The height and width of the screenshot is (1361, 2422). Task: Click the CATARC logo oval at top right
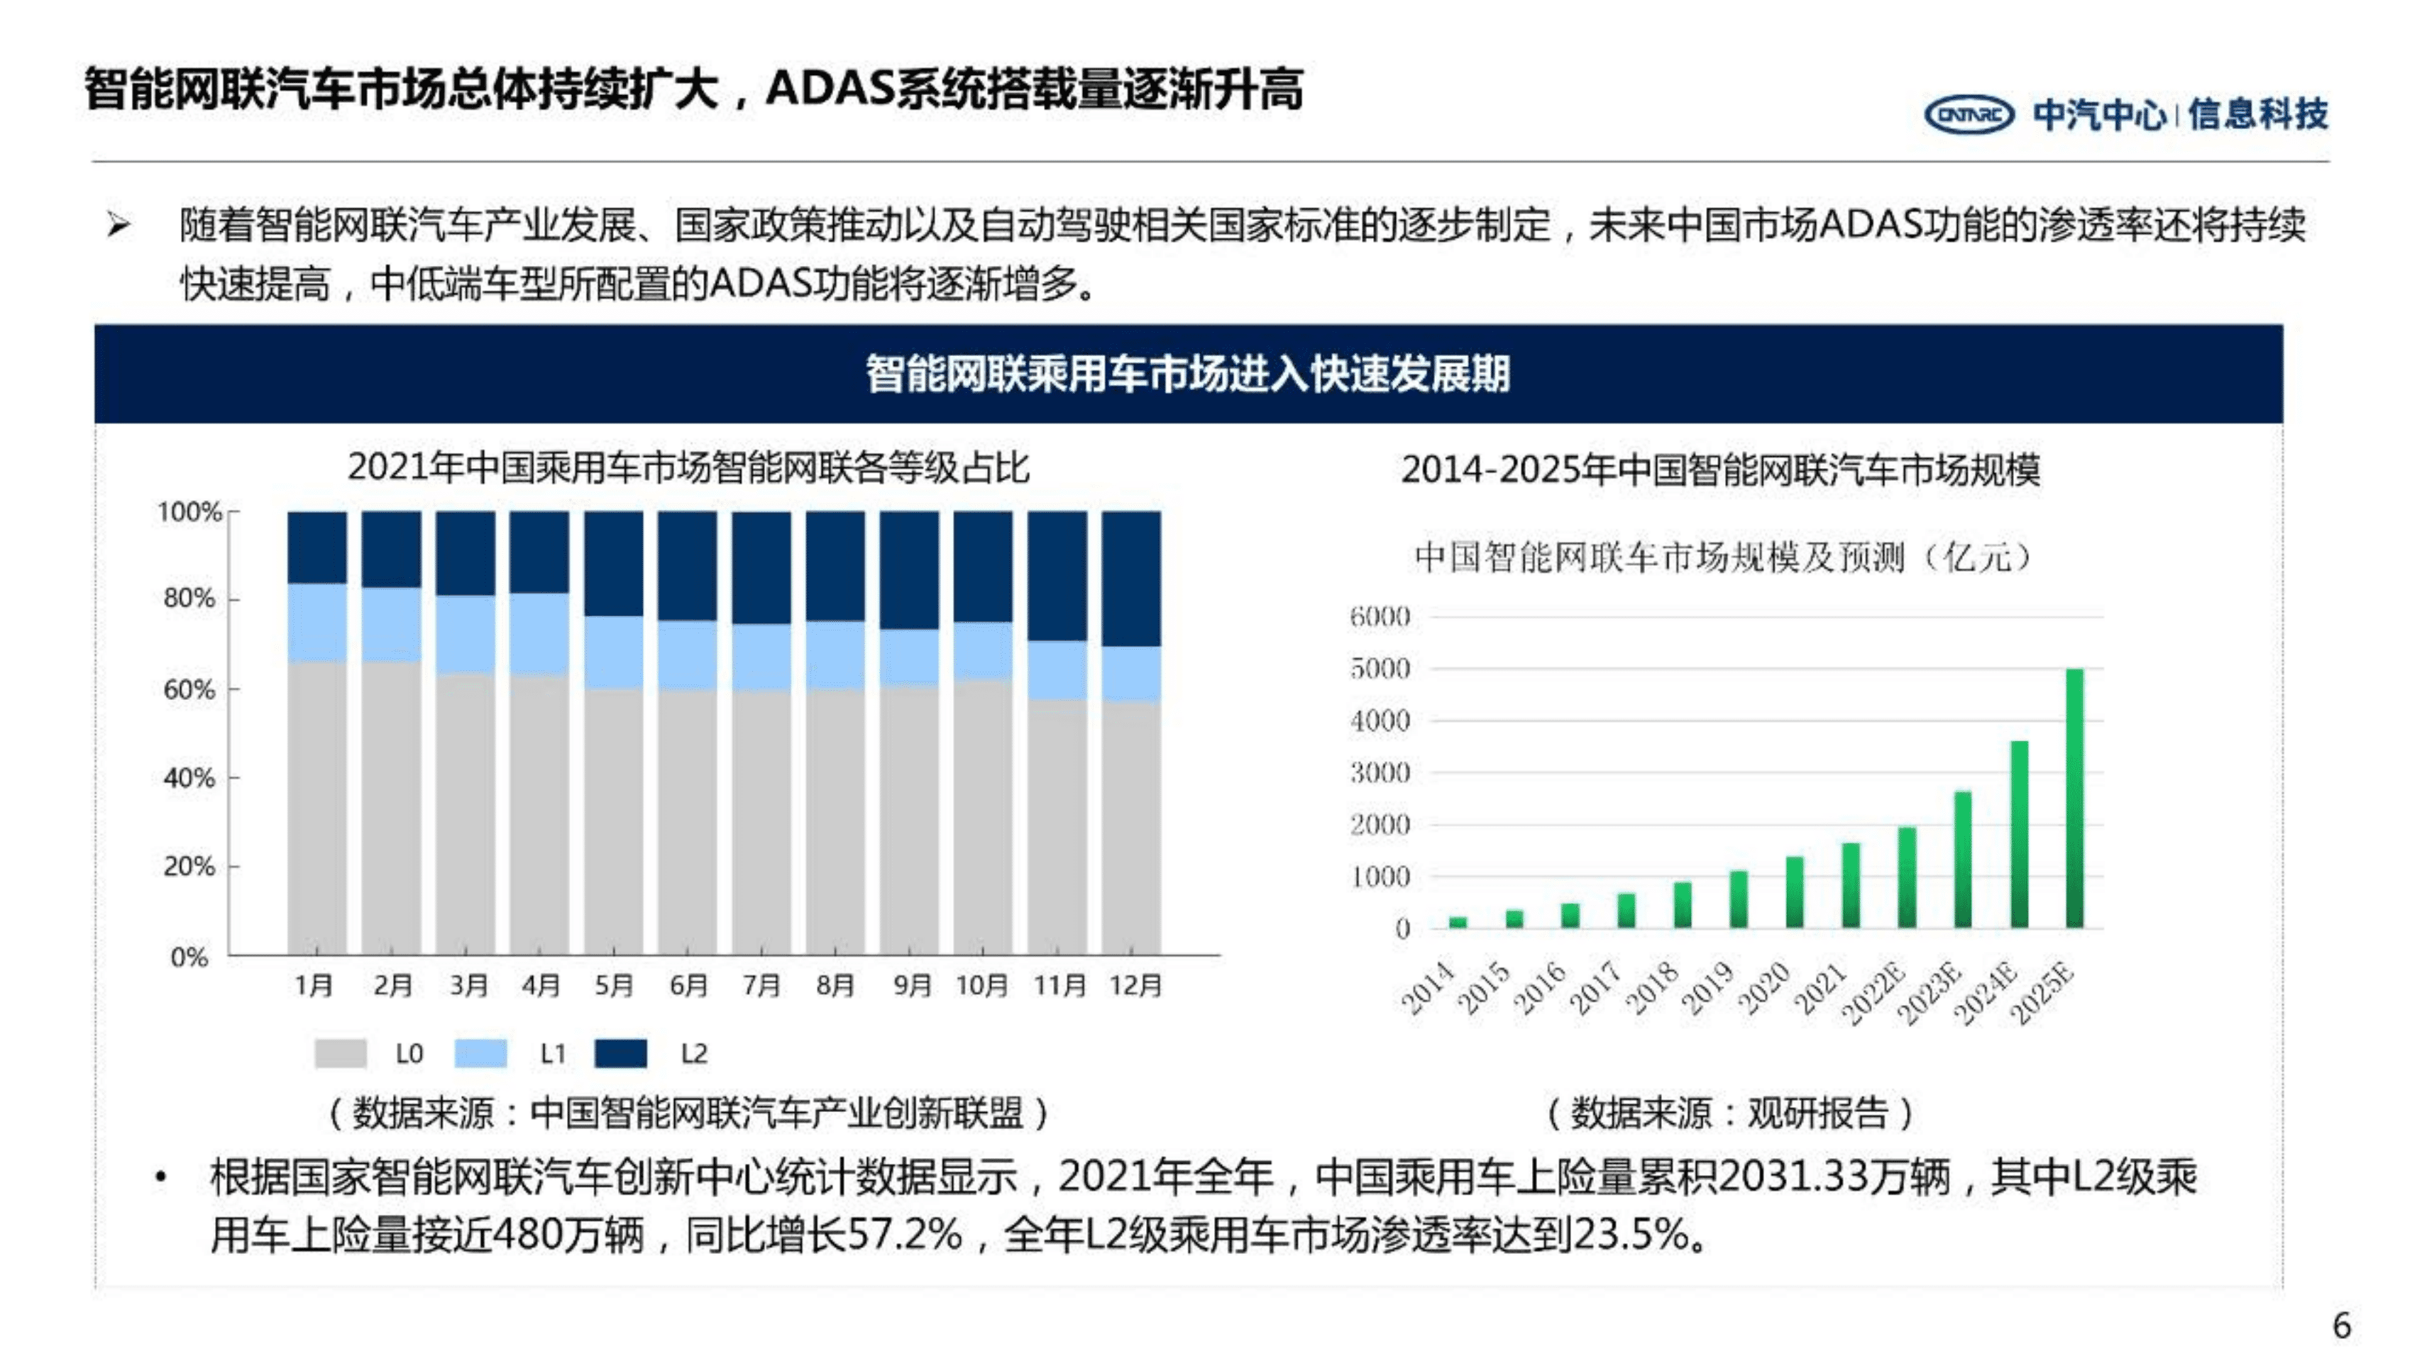pyautogui.click(x=1968, y=115)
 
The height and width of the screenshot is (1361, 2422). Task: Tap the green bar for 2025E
pyautogui.click(x=2074, y=798)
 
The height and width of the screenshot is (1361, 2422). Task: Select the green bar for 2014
pyautogui.click(x=1458, y=922)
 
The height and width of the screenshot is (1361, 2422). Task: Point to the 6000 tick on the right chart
pyautogui.click(x=1380, y=616)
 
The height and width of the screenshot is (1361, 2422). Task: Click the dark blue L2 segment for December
pyautogui.click(x=1131, y=578)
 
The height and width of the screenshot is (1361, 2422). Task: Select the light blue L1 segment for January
pyautogui.click(x=316, y=622)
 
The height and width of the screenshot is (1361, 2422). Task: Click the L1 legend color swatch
pyautogui.click(x=480, y=1052)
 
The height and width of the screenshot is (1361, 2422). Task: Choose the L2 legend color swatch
pyautogui.click(x=620, y=1052)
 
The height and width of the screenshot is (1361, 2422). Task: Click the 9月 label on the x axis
pyautogui.click(x=910, y=985)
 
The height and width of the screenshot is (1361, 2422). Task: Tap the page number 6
pyautogui.click(x=2341, y=1326)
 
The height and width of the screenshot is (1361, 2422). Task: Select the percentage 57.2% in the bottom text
pyautogui.click(x=905, y=1234)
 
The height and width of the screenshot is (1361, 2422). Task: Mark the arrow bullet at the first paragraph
pyautogui.click(x=119, y=226)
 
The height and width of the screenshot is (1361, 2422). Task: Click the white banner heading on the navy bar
pyautogui.click(x=1187, y=374)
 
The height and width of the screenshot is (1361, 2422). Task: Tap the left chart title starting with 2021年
pyautogui.click(x=688, y=467)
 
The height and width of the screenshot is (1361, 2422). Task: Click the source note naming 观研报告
pyautogui.click(x=1729, y=1113)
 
